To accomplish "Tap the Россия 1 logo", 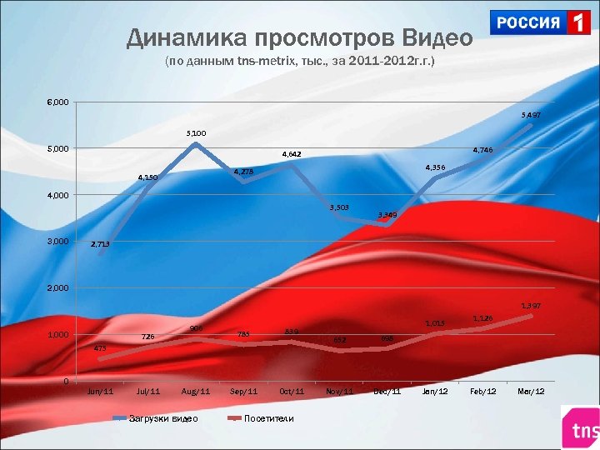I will pos(541,22).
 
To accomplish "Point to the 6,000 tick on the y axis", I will pos(57,102).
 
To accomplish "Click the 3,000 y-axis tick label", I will pos(57,242).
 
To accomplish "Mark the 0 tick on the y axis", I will pos(65,381).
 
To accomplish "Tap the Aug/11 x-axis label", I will pos(195,392).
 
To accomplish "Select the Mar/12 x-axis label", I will pos(531,392).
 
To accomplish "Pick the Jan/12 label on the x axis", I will pos(435,392).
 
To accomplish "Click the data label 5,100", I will pos(197,132).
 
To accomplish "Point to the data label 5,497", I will pos(531,114).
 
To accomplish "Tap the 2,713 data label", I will pos(100,244).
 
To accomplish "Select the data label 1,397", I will pos(531,306).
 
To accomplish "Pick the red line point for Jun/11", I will pos(100,359).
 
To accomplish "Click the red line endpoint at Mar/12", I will pos(531,316).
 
